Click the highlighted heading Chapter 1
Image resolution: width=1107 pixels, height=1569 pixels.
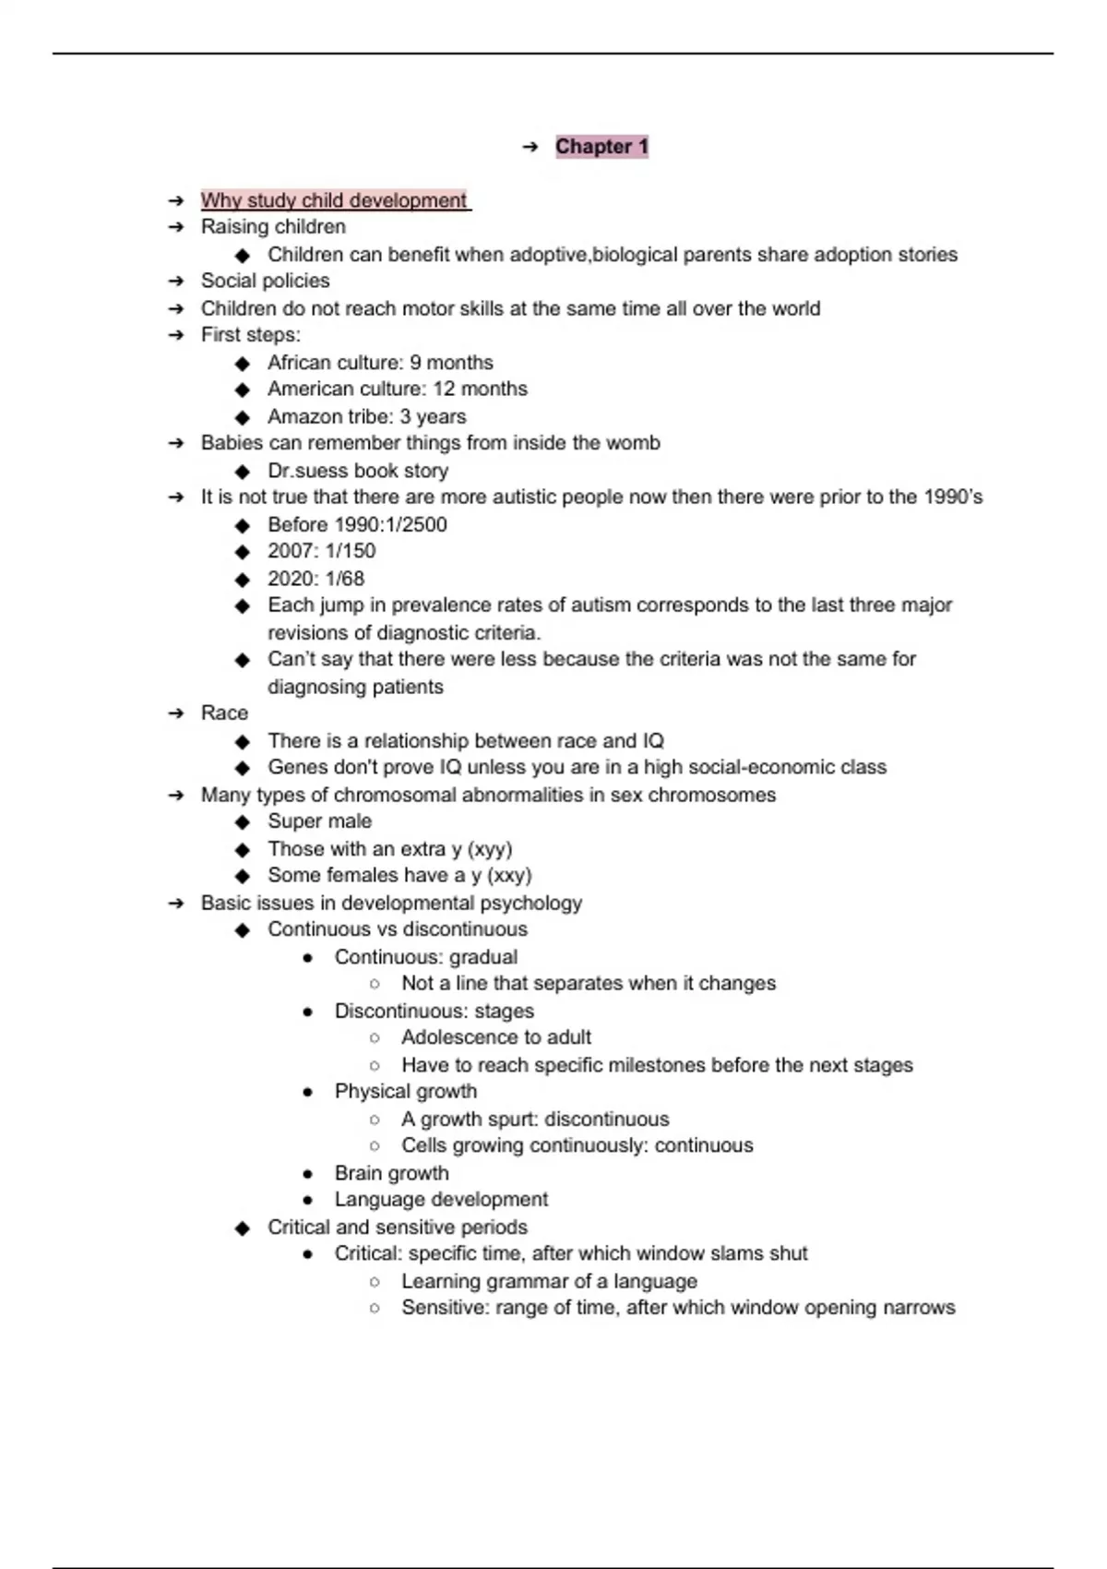point(601,147)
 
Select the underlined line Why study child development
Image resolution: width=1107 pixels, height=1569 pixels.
point(334,200)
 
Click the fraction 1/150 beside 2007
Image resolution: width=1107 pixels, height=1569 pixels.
point(351,551)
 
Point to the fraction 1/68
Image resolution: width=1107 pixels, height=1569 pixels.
point(345,579)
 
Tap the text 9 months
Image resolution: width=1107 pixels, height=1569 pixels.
point(451,363)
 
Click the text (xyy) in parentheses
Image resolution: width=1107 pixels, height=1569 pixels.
point(490,849)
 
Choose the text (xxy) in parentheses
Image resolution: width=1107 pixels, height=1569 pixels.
point(509,875)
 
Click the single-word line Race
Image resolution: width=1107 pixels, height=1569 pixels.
point(224,713)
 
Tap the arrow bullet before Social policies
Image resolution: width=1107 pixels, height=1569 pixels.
point(176,281)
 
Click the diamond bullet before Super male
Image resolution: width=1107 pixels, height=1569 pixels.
point(243,822)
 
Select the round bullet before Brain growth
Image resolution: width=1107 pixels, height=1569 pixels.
point(308,1174)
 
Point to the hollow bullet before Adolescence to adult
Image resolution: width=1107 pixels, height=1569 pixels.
point(375,1038)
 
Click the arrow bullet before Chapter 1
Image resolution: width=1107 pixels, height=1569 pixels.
point(530,147)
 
